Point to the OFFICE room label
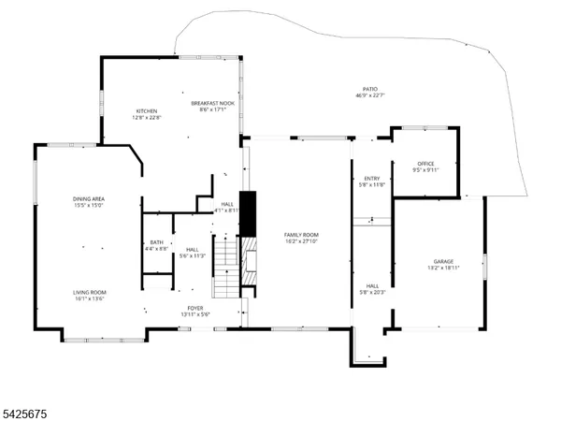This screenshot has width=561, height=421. click(426, 164)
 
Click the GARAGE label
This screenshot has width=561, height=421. click(442, 261)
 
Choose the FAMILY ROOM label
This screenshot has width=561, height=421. click(302, 235)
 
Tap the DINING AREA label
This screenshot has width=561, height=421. click(90, 198)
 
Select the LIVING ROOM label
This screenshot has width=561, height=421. click(90, 293)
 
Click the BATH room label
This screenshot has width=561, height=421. click(156, 241)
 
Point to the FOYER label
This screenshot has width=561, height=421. click(195, 308)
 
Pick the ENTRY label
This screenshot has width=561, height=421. click(372, 179)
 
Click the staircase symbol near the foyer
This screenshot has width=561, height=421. click(226, 267)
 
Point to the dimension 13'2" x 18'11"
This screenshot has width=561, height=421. click(442, 268)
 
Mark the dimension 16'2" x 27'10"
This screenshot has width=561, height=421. click(302, 241)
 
